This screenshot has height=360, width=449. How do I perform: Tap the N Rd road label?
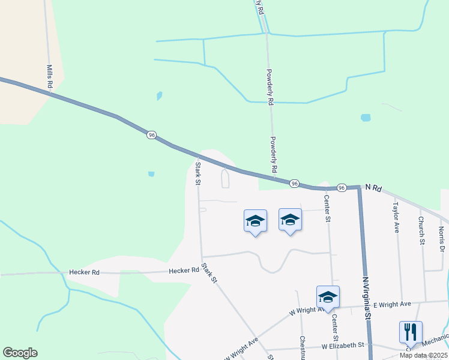373,188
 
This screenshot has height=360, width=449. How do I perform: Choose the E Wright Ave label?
392,304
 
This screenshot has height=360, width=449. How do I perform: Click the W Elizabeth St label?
343,346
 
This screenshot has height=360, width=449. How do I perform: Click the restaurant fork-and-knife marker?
411,332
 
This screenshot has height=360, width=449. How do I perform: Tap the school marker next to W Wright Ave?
328,297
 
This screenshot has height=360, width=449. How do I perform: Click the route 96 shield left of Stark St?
151,135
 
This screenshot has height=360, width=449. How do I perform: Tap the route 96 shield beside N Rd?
341,187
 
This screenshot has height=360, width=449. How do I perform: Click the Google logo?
20,353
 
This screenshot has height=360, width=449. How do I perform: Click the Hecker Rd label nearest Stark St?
184,271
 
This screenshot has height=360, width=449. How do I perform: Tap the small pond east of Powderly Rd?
365,118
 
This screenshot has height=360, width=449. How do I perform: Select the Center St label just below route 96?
327,208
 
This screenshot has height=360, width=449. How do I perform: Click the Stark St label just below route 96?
197,172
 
